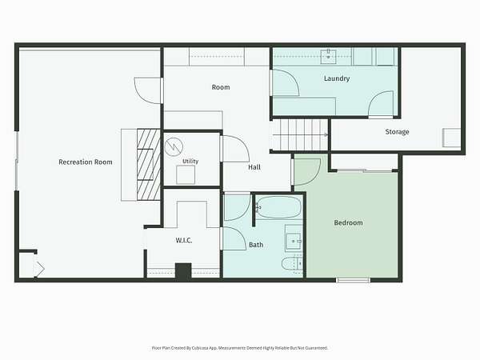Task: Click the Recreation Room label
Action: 86,162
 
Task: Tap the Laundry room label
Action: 337,78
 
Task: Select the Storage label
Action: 397,132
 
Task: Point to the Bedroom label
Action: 348,222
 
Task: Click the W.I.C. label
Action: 184,240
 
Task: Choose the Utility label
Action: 190,161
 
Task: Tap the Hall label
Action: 254,167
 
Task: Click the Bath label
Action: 256,245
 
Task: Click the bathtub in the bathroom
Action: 278,207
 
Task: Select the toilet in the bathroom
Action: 292,264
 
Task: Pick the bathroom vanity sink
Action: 294,242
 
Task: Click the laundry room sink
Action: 328,57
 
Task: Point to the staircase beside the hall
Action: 299,134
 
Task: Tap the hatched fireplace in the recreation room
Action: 149,164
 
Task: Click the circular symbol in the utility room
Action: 174,146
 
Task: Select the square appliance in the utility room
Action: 186,174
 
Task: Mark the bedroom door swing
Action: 307,170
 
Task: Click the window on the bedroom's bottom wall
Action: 353,280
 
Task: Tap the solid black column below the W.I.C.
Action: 183,271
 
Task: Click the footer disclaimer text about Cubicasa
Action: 240,348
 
